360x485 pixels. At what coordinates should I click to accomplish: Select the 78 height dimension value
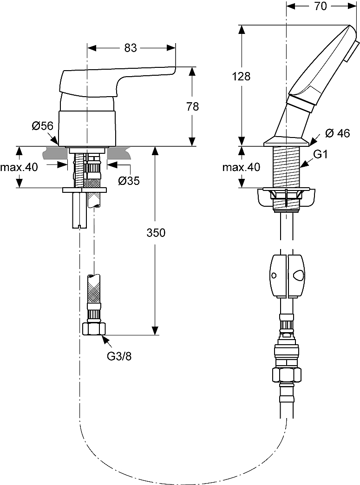pos(192,106)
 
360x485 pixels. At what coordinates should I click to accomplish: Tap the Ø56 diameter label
pos(43,125)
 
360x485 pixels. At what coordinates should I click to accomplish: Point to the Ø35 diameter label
pos(129,181)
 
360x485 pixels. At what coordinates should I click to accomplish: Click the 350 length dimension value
pos(156,233)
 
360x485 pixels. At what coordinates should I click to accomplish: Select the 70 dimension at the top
pos(321,6)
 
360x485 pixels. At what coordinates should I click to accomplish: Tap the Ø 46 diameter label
pos(337,133)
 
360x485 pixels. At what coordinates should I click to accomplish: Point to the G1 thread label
pos(321,155)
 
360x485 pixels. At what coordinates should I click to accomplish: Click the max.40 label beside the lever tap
pos(19,167)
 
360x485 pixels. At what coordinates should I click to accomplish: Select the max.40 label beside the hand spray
pos(241,167)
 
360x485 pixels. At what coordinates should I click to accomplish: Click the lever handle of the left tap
pos(116,79)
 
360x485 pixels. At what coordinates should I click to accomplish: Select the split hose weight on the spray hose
pos(287,275)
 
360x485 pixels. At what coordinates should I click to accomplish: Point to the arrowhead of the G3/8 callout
pos(105,339)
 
